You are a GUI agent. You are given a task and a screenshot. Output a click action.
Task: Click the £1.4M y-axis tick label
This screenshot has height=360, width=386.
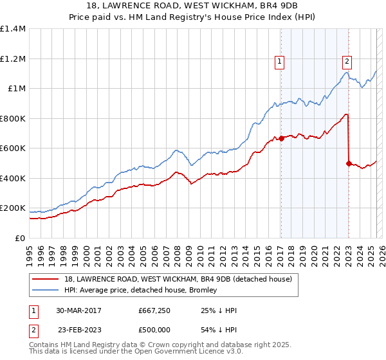(13, 29)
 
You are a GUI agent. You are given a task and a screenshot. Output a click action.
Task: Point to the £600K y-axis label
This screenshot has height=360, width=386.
(13, 148)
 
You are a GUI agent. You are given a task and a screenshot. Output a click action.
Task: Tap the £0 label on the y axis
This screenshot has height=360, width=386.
(20, 239)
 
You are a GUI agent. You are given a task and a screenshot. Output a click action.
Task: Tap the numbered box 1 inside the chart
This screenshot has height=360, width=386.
(280, 62)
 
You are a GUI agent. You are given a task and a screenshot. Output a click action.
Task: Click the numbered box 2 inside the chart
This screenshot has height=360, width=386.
(347, 62)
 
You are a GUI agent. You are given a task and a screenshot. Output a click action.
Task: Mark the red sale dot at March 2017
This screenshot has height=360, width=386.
(281, 138)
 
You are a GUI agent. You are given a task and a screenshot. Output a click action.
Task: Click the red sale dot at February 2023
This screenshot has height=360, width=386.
(348, 163)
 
